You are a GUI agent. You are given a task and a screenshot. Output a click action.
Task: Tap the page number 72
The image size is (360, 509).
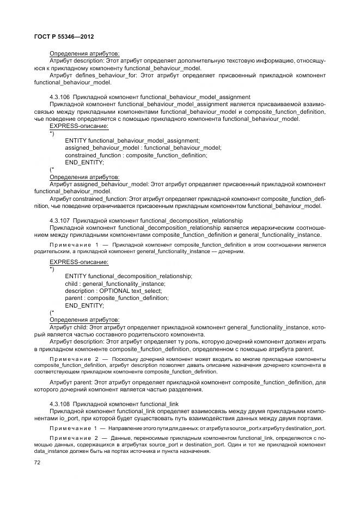(x=38, y=462)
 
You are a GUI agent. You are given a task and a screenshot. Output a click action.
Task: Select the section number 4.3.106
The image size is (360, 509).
(x=59, y=96)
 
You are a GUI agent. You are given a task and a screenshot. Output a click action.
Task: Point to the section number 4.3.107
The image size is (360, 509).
(x=59, y=220)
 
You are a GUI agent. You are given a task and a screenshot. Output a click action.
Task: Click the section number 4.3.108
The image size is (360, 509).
(x=59, y=404)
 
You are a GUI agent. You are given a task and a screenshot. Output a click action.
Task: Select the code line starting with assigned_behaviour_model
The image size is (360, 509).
(x=143, y=148)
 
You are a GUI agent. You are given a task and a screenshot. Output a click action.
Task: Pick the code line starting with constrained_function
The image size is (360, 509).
(x=136, y=155)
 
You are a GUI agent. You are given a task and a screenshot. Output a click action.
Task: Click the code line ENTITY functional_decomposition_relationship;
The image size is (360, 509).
(x=128, y=276)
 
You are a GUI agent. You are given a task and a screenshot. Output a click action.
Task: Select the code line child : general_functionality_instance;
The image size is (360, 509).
(x=115, y=283)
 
